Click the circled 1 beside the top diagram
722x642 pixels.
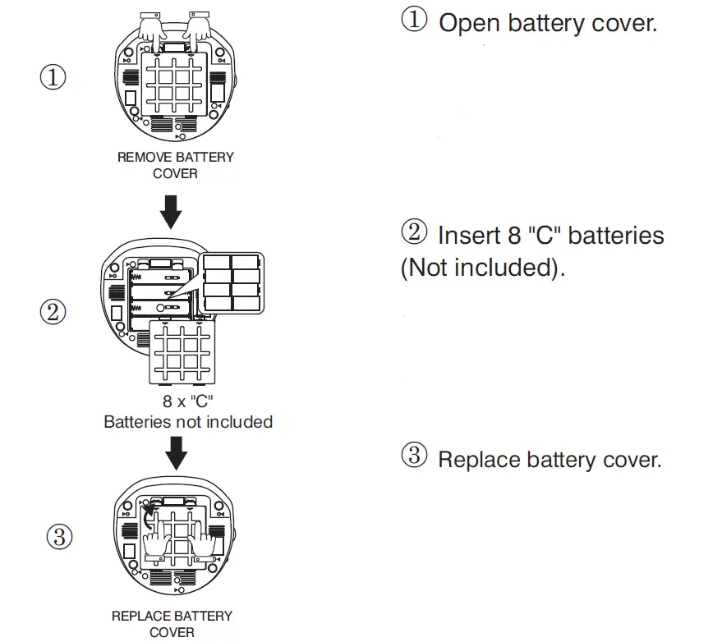tap(53, 77)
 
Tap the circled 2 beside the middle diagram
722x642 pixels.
tap(53, 312)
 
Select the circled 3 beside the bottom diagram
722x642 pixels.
tap(59, 537)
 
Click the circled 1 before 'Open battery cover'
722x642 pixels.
tap(414, 20)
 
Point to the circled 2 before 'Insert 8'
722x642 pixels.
tap(414, 232)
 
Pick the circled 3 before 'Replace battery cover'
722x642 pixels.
tap(414, 455)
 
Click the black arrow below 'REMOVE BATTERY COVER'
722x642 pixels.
tap(171, 212)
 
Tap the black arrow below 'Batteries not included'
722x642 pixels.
tap(176, 453)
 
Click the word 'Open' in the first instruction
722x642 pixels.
tap(469, 24)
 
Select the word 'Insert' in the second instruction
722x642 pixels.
tap(469, 235)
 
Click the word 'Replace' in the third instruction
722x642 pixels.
tap(478, 460)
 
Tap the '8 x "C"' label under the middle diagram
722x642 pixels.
tap(188, 401)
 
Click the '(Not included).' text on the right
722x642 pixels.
tap(482, 268)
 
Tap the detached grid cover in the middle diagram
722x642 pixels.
tap(182, 352)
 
